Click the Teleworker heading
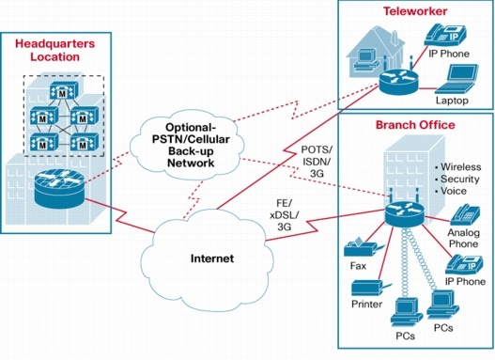coord(415,11)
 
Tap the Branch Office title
coord(415,125)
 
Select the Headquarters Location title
coord(54,50)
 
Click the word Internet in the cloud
coord(212,258)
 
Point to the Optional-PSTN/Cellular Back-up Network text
coord(191,145)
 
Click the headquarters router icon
coord(59,189)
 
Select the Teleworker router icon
coord(398,82)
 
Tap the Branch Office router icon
coord(405,213)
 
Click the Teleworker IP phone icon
coord(445,36)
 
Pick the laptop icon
coord(456,79)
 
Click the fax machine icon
coord(364,247)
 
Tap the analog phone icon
coord(465,215)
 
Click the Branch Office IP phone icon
coord(464,265)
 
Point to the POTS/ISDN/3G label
coord(317,161)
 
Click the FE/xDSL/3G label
coord(284,214)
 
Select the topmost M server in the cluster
coord(64,90)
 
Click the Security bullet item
coord(457,179)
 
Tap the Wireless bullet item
coord(458,166)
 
